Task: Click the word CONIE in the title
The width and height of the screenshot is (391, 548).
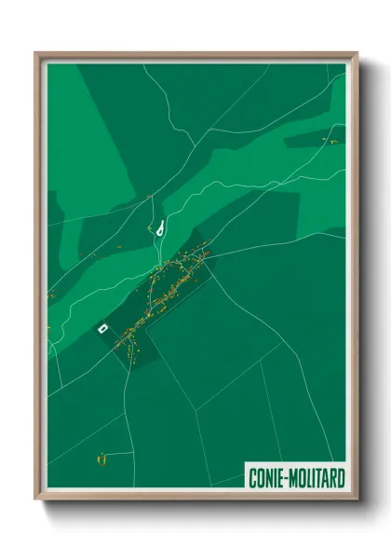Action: point(266,478)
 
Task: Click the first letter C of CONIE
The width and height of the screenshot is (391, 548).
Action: point(252,478)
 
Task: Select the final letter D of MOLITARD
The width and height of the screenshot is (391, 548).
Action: point(342,478)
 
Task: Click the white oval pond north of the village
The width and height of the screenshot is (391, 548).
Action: point(162,226)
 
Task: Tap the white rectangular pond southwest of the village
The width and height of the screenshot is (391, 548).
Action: point(103,327)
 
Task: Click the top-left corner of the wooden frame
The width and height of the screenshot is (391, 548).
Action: point(37,54)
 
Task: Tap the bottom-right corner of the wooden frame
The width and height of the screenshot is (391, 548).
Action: point(357,500)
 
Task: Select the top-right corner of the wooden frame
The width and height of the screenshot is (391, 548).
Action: point(357,54)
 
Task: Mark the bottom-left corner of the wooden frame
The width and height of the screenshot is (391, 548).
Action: point(37,500)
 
